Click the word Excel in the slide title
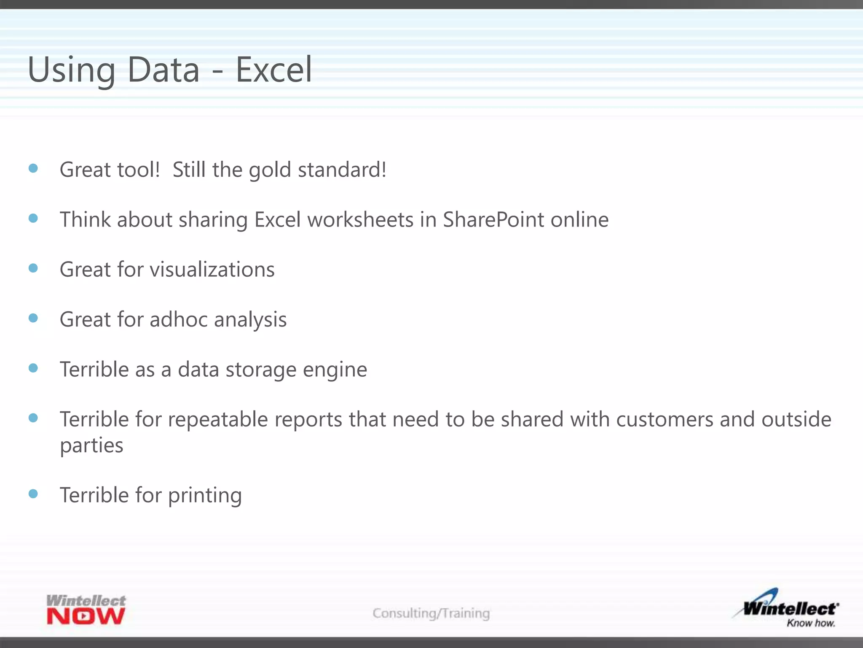274,70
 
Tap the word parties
91,446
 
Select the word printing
205,496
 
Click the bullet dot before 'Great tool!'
33,169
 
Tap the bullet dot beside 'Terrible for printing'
33,494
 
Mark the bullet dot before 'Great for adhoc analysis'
33,318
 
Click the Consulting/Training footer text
431,613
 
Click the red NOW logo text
86,616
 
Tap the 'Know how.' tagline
810,623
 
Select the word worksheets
360,220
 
